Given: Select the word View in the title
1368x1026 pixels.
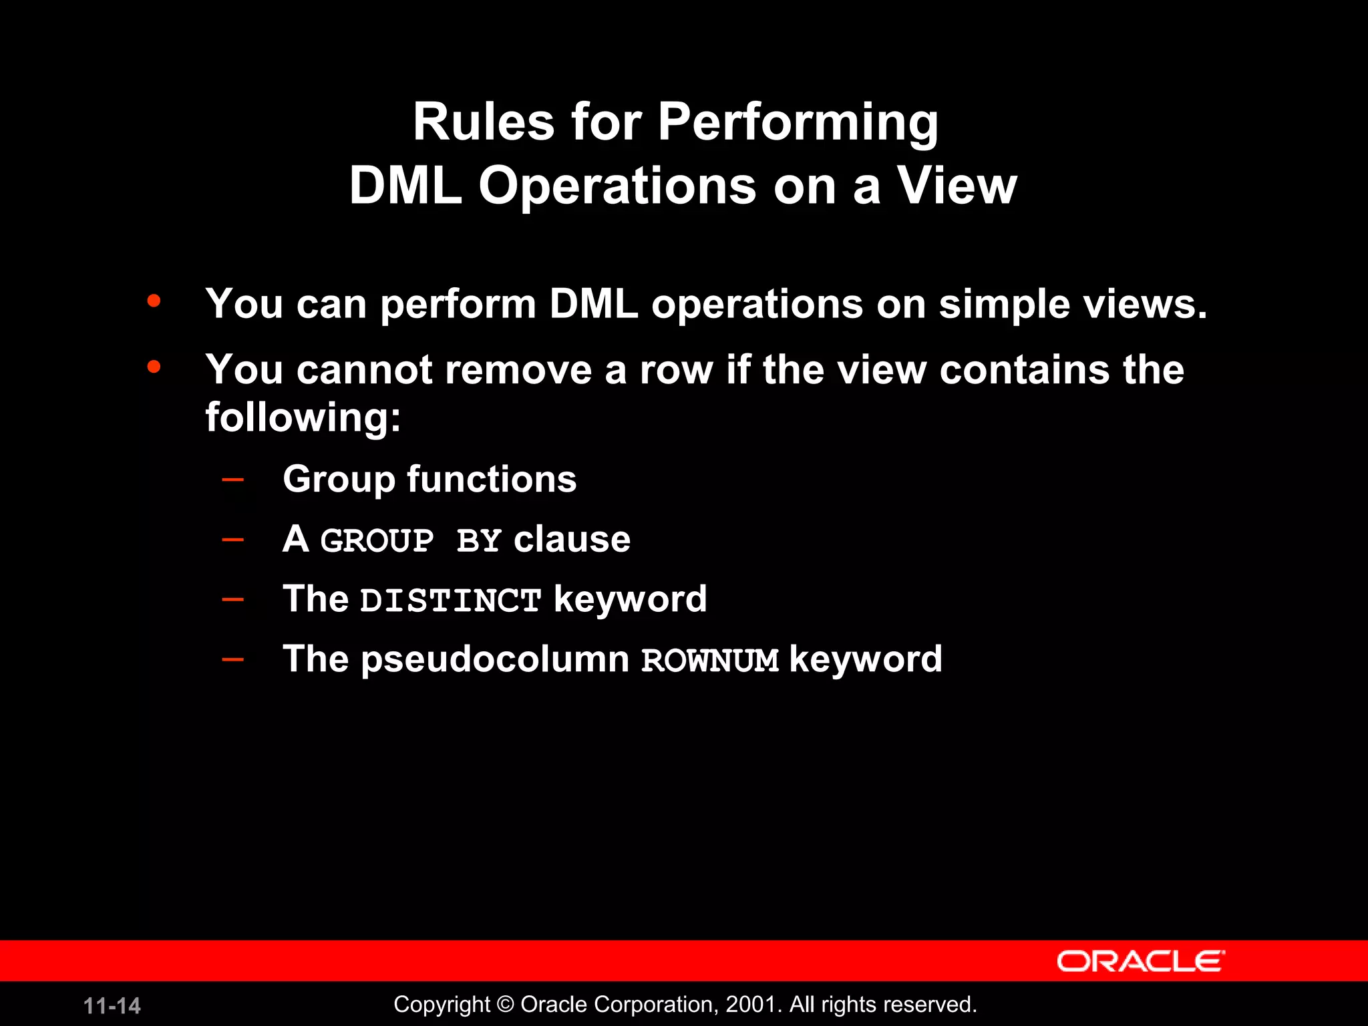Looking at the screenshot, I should pyautogui.click(x=957, y=186).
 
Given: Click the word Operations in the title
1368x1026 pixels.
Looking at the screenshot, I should pyautogui.click(x=617, y=187).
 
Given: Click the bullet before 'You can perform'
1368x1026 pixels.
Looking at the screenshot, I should pyautogui.click(x=154, y=301).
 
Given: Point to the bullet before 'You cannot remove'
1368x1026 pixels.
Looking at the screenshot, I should pyautogui.click(x=154, y=367).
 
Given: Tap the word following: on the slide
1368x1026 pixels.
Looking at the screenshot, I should pyautogui.click(x=303, y=418).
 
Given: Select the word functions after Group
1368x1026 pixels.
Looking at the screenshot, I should pyautogui.click(x=492, y=480).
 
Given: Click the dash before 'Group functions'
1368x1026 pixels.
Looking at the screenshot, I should pyautogui.click(x=232, y=479).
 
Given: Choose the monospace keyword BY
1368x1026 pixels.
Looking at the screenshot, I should pyautogui.click(x=478, y=540).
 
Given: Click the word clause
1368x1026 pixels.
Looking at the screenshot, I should pyautogui.click(x=572, y=540).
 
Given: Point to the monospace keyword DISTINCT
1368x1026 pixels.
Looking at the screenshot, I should pyautogui.click(x=450, y=601).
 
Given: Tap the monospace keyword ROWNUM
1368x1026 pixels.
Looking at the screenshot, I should pyautogui.click(x=709, y=661).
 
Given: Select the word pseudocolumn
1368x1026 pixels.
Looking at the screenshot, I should pyautogui.click(x=495, y=660).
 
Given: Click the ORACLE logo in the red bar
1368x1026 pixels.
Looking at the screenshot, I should pyautogui.click(x=1140, y=961).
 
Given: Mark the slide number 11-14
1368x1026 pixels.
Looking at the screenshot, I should pyautogui.click(x=112, y=1006).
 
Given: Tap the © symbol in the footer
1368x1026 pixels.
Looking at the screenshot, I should pyautogui.click(x=506, y=1005).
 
